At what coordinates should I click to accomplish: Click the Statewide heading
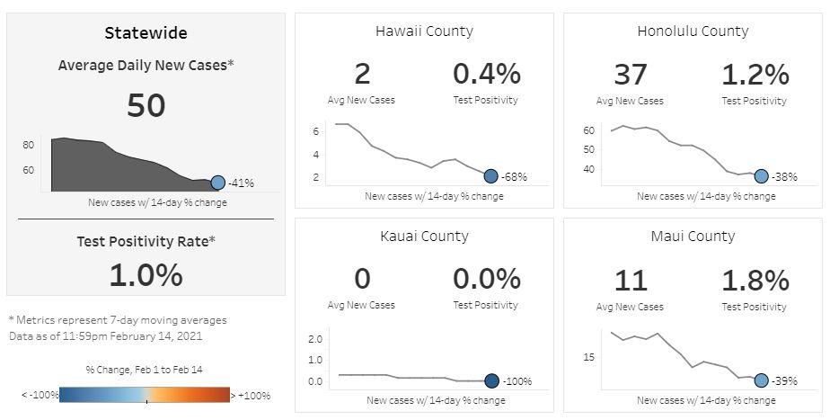[146, 33]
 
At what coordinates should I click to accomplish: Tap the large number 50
[146, 105]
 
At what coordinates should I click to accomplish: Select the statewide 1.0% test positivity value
[146, 274]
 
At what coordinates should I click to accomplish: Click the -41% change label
[241, 183]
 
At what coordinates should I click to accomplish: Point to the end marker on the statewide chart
[217, 183]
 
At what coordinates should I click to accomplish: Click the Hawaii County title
[424, 31]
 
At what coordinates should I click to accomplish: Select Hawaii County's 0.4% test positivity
[486, 74]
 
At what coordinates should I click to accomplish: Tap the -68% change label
[515, 177]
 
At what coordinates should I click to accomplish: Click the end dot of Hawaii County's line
[490, 176]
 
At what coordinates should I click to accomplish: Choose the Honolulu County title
[693, 31]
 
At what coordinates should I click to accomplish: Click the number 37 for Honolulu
[630, 74]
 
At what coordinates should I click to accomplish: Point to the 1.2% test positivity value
[755, 74]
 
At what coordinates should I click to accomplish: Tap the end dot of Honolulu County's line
[761, 176]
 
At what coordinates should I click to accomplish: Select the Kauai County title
[424, 237]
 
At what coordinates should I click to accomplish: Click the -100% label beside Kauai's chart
[517, 381]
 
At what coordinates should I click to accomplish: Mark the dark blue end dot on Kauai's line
[491, 380]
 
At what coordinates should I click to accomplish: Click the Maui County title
[693, 237]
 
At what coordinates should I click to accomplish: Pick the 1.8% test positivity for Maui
[755, 280]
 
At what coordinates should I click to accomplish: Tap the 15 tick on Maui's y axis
[589, 357]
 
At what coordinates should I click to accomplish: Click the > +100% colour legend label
[251, 395]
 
